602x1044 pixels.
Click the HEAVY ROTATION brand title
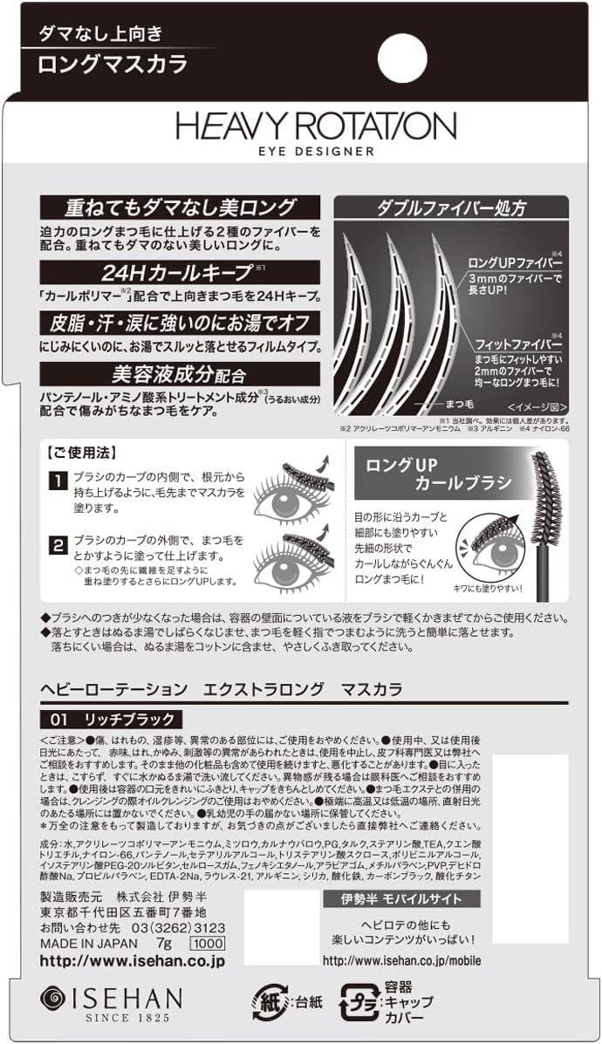click(316, 126)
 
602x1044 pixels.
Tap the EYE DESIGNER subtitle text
click(316, 151)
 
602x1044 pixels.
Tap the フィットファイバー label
click(516, 345)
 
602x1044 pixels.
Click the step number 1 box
click(56, 481)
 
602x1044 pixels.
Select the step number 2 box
click(56, 546)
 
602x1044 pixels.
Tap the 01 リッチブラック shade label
click(111, 720)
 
